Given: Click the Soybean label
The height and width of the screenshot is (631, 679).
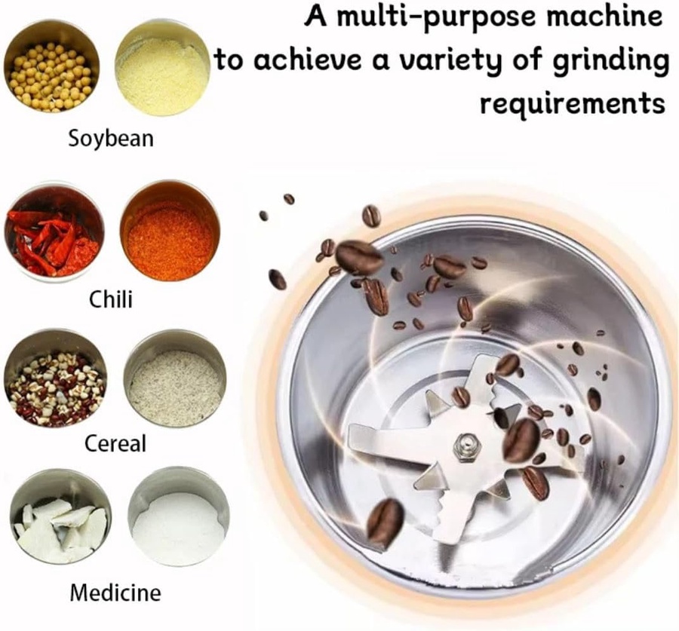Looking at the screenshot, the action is click(111, 139).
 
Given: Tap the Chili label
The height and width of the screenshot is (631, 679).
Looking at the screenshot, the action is click(111, 299).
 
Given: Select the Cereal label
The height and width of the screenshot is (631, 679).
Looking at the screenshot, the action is click(115, 443).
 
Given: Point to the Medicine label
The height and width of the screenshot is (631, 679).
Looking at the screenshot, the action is click(115, 593).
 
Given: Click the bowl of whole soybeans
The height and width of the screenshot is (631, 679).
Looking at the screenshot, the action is click(52, 66).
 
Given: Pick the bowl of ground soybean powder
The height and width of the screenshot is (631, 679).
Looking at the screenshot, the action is click(163, 67).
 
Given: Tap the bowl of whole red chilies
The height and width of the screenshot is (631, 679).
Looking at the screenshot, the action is click(54, 231).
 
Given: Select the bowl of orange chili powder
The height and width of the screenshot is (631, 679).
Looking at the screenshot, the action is click(171, 231).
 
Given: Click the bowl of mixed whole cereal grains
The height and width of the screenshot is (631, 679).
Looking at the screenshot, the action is click(55, 378).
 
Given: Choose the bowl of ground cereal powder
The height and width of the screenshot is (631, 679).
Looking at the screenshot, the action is click(175, 378).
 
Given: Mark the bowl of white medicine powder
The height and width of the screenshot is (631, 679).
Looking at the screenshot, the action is click(179, 516).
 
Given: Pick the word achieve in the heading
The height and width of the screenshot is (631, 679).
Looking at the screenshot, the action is click(307, 60).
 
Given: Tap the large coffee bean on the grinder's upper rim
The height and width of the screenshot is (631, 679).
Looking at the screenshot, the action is click(359, 258).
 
